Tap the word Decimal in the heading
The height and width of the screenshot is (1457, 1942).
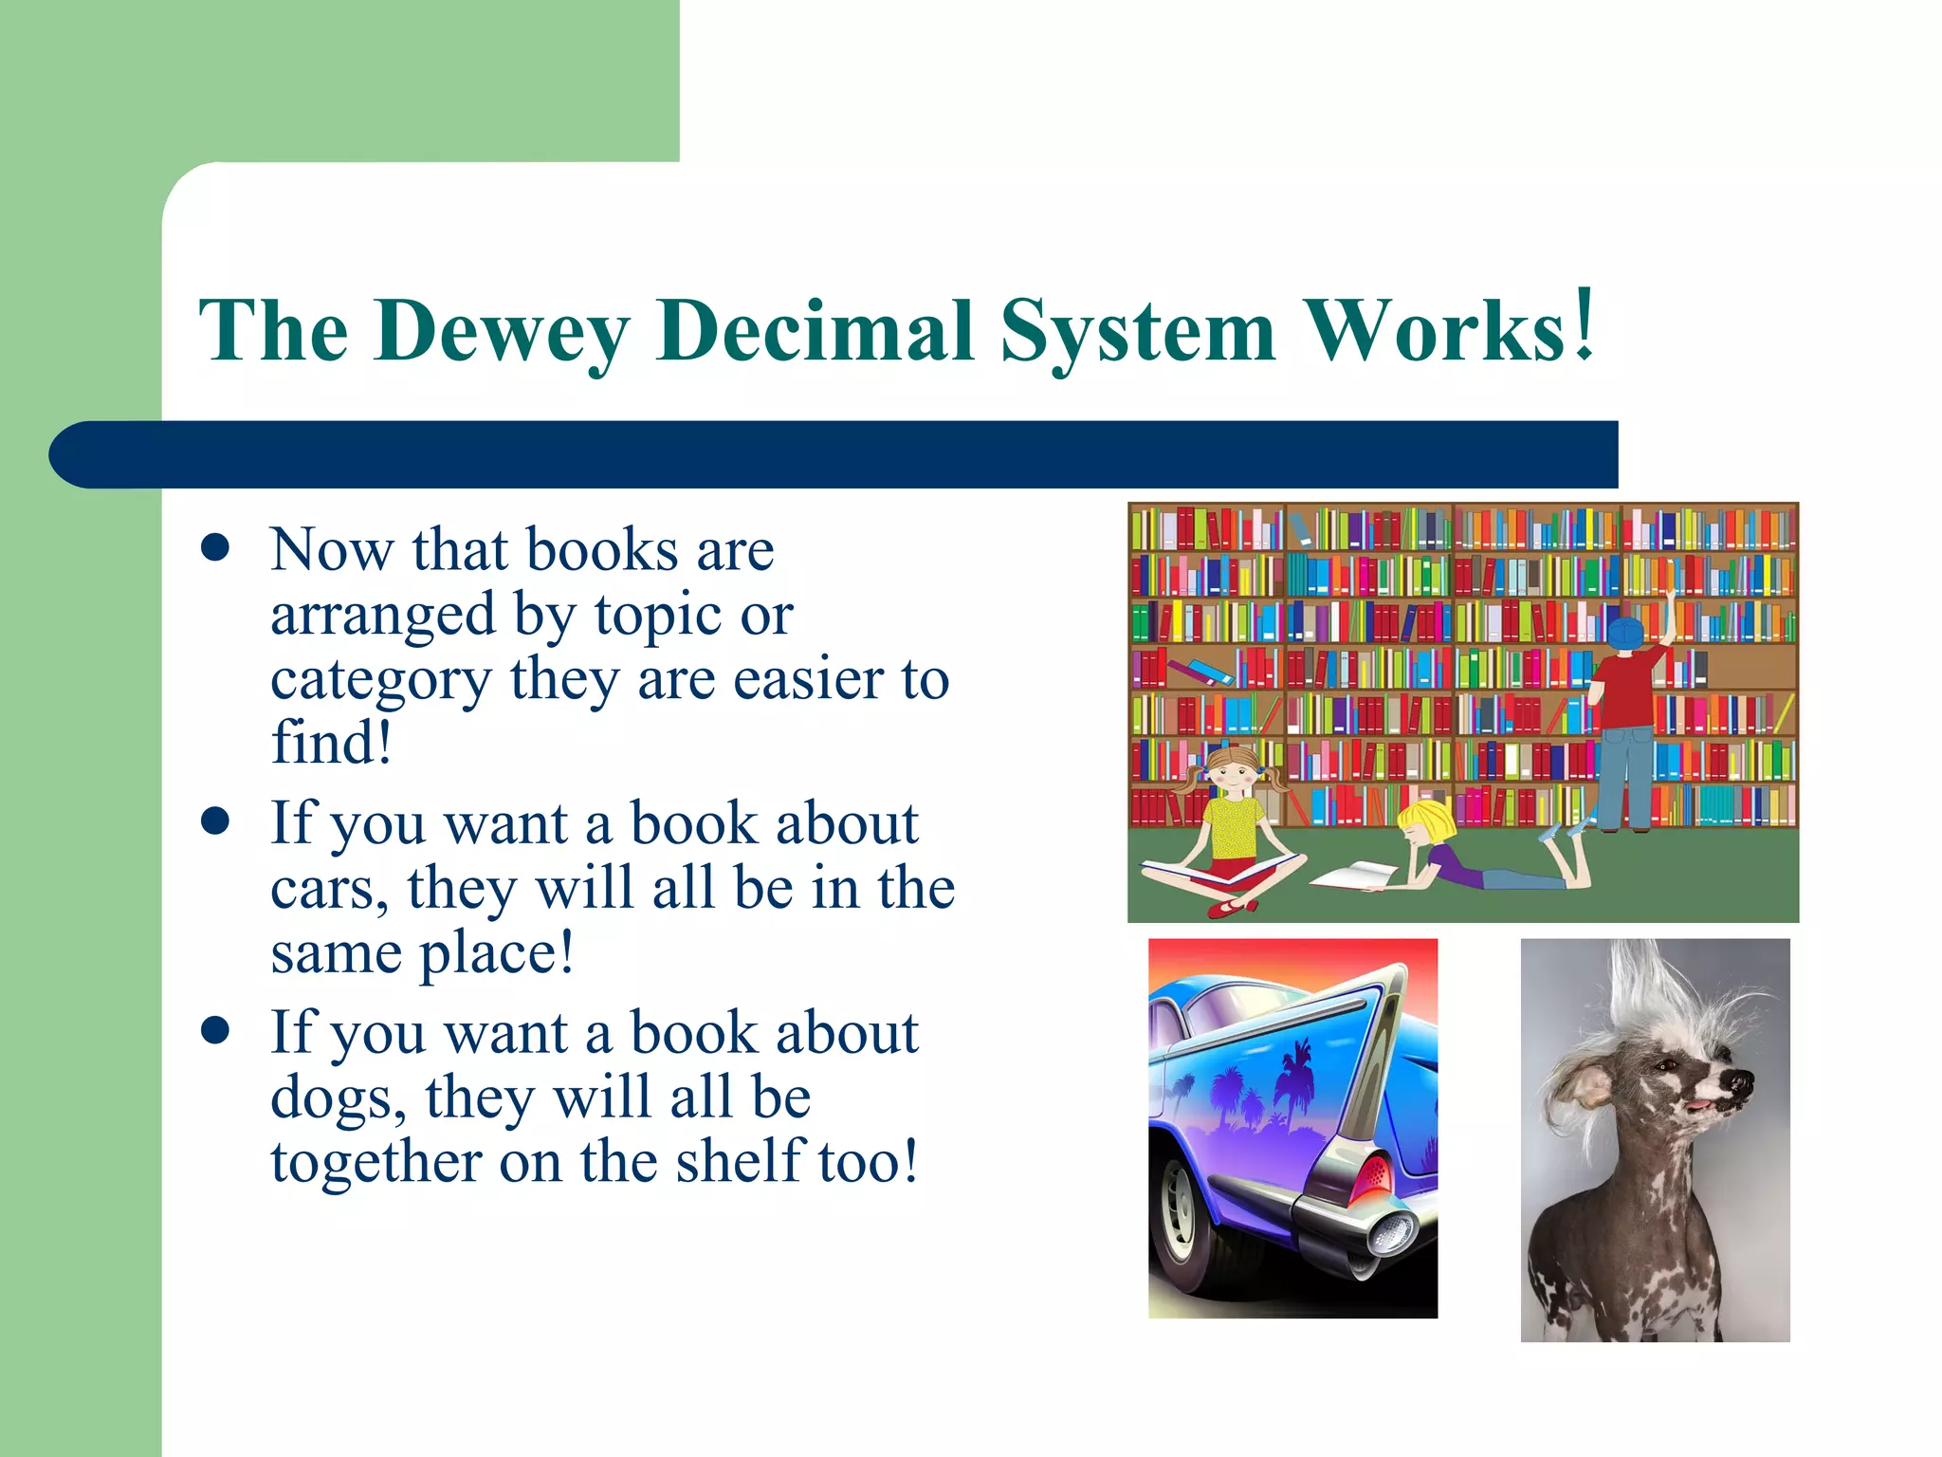[x=815, y=331]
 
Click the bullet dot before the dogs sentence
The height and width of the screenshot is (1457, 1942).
[x=216, y=1031]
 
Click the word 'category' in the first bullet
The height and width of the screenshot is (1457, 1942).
[x=380, y=679]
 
